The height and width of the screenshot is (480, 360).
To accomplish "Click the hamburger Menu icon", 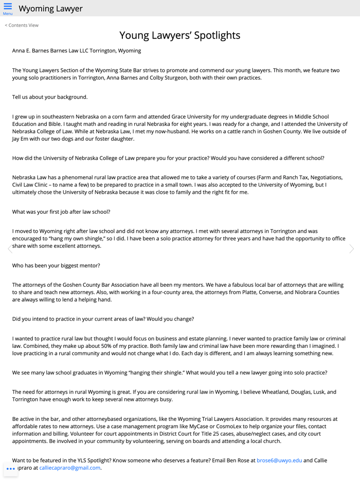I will (8, 8).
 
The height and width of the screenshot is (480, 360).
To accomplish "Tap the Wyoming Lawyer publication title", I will (50, 9).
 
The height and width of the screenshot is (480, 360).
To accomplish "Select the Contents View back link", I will (22, 25).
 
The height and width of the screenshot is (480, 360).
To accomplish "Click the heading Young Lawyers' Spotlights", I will (180, 35).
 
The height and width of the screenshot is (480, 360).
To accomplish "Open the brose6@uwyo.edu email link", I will (279, 460).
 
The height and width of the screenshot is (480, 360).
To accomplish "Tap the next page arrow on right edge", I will (351, 249).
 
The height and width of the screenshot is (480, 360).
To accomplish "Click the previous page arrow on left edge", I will (9, 249).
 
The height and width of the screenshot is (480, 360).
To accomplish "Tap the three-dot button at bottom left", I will (11, 469).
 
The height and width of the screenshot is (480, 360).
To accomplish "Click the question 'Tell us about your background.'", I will (50, 97).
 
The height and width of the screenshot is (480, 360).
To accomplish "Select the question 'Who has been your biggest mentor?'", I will (56, 266).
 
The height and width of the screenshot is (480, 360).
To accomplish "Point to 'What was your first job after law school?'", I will (61, 212).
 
